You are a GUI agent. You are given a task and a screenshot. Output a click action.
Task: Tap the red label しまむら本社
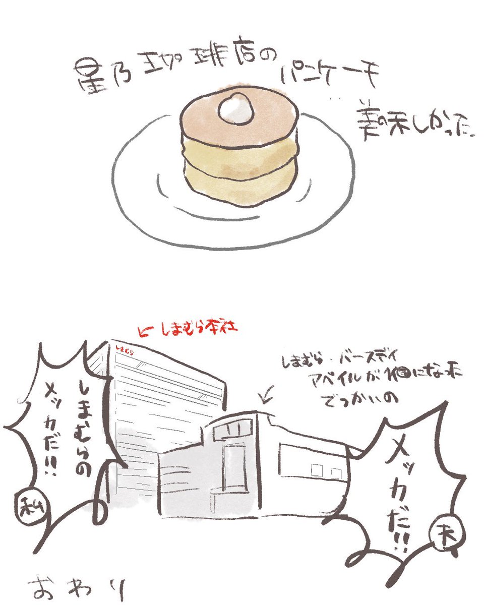(194, 329)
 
